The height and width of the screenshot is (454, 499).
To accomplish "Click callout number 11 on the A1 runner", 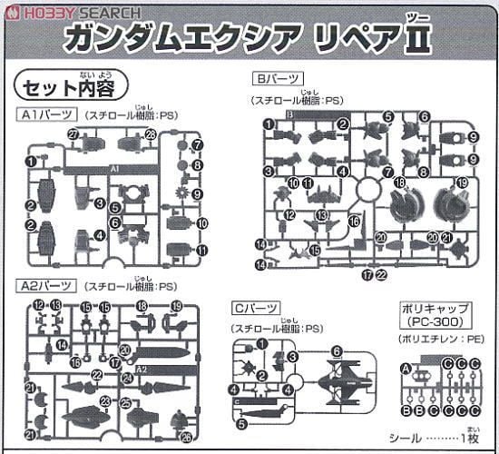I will [x=201, y=250].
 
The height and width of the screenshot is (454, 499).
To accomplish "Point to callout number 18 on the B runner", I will [x=400, y=183].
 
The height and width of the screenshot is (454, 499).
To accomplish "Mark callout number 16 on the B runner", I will [x=354, y=221].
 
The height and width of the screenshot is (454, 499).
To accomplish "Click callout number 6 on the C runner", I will [x=336, y=350].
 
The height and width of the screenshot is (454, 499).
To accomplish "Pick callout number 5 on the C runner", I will [x=242, y=422].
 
